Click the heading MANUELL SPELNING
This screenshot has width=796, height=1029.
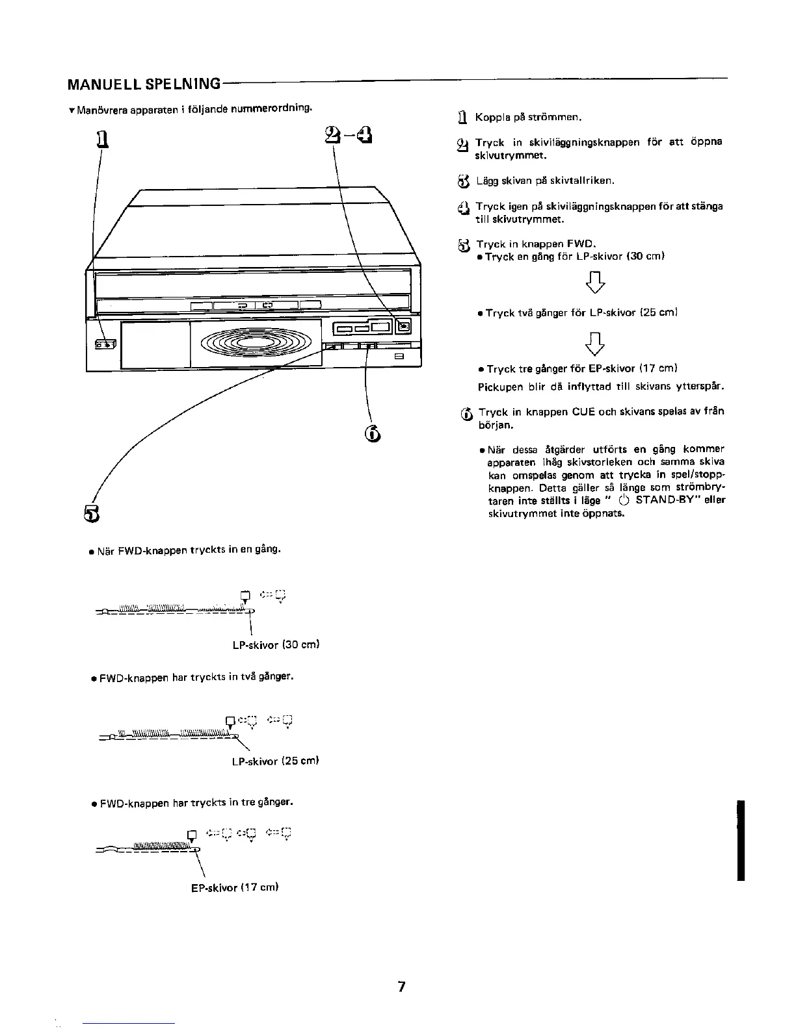point(144,84)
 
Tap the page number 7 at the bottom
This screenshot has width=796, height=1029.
point(401,987)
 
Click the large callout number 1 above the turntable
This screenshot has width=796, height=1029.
point(101,139)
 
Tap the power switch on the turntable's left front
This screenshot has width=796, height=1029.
point(104,344)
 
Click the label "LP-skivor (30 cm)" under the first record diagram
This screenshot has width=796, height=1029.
point(275,645)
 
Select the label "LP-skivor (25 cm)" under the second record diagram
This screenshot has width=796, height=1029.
point(275,761)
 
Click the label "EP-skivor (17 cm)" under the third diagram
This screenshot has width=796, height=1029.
point(235,887)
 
